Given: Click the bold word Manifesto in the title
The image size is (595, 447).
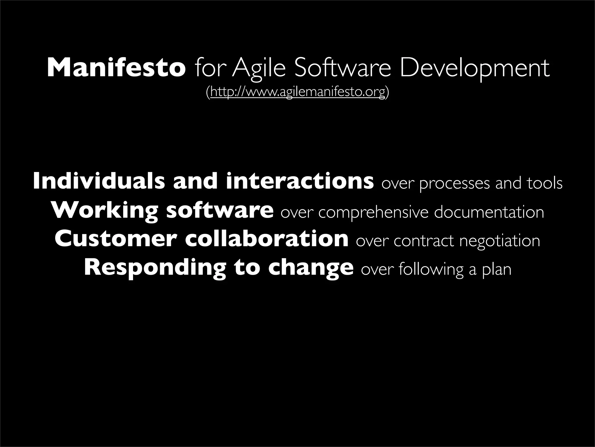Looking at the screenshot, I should point(116,68).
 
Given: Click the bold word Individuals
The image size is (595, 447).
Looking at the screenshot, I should point(99,181).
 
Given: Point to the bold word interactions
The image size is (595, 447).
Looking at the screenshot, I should point(300,181).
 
